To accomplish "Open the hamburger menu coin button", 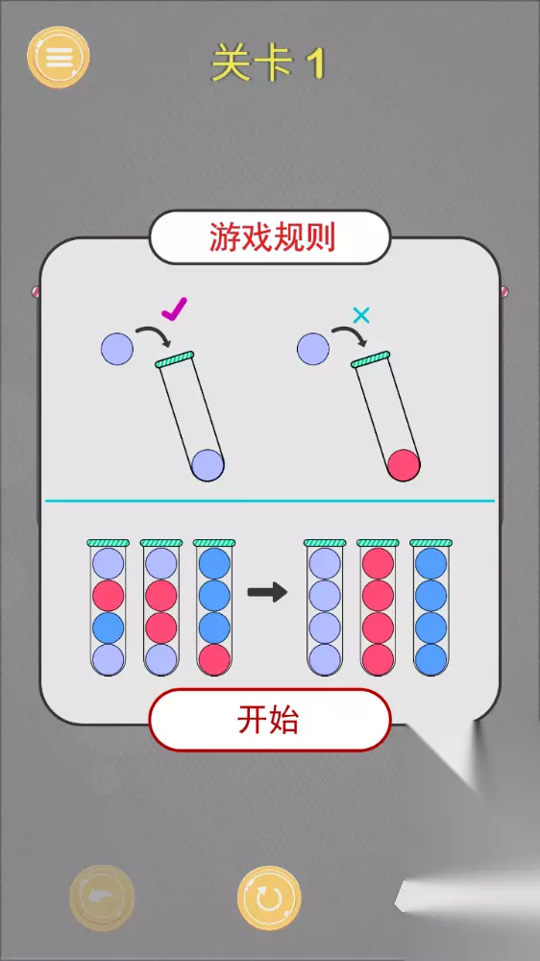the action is pos(59,57).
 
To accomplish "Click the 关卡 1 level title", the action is pos(267,63).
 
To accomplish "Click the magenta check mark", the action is pos(175,308).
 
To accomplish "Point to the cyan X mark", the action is pos(362,315).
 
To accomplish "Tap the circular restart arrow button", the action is pos(269,899).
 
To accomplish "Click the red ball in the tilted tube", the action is pos(404,465).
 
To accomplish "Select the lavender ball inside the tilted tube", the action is pos(208,465).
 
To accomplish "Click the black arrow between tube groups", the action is pos(267,592).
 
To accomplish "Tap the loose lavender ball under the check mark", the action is pos(116,348).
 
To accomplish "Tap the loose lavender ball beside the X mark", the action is pos(312,348).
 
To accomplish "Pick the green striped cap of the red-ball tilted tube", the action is pos(371,359).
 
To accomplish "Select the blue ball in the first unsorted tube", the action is pos(108,628).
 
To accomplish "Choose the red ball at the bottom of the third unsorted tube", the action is pos(214,659).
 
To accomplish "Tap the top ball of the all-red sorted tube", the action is pos(378,564).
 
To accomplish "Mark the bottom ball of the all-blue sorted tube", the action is pos(430,659).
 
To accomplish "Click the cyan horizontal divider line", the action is pos(270,501).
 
